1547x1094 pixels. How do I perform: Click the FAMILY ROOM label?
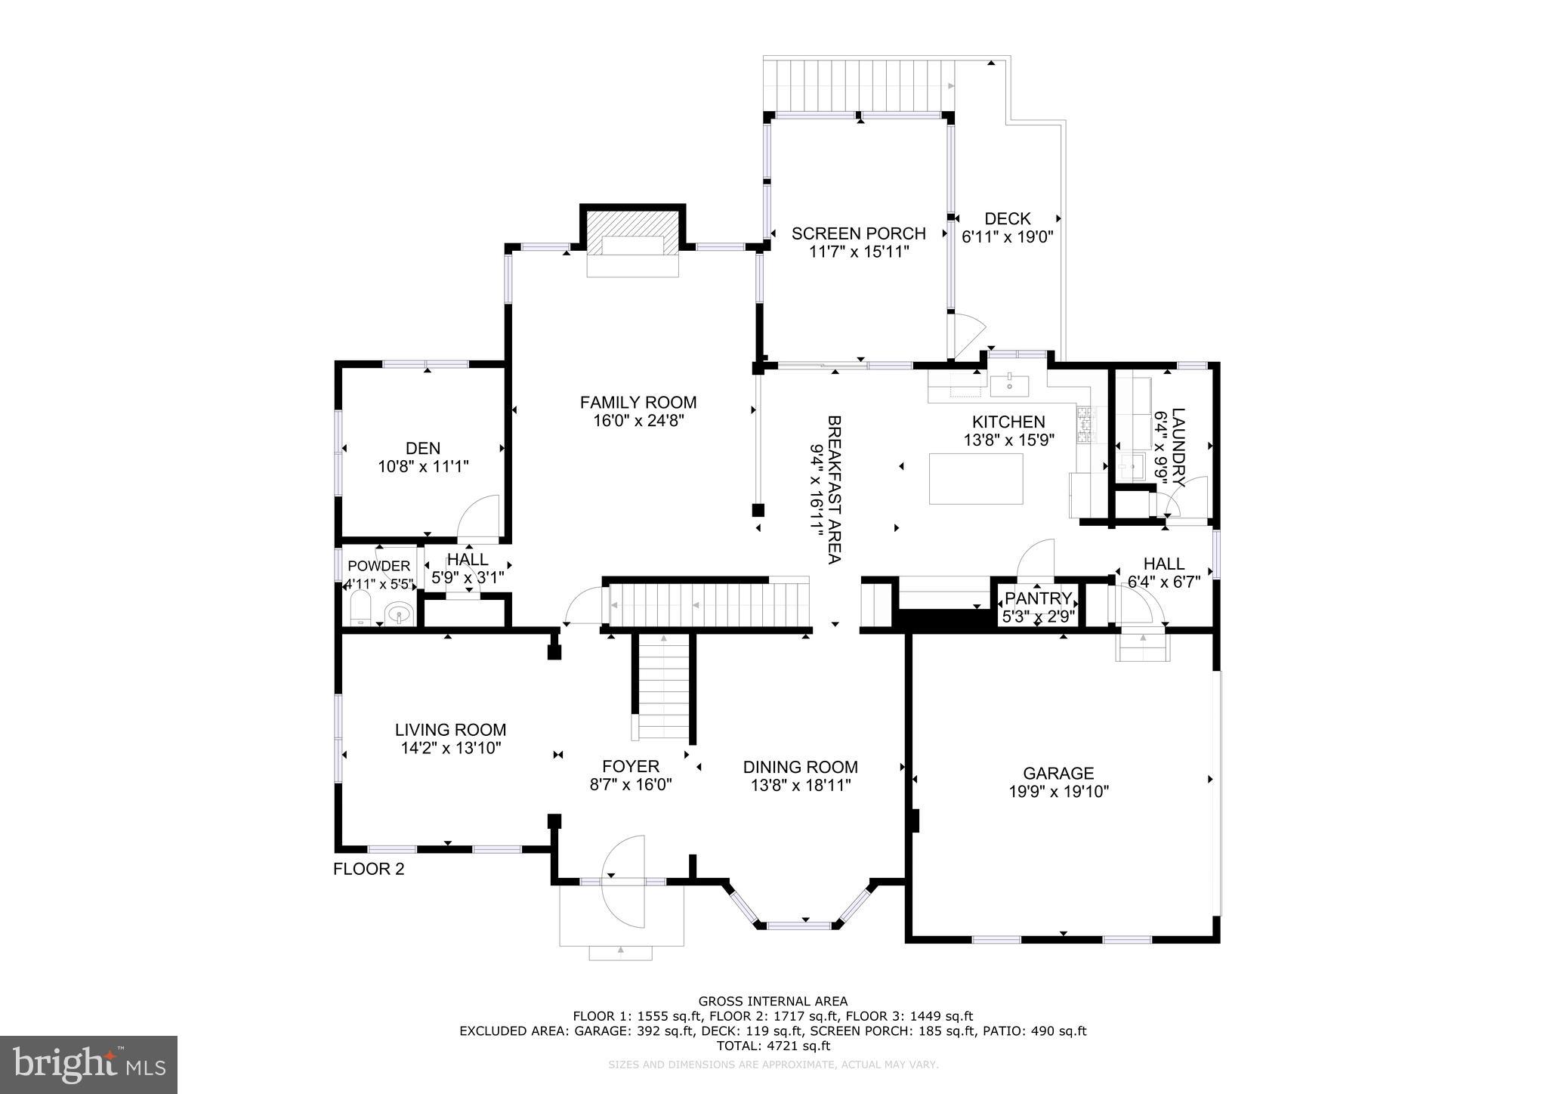click(638, 403)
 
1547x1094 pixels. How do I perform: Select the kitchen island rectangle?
click(976, 477)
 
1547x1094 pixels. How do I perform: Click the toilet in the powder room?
click(361, 608)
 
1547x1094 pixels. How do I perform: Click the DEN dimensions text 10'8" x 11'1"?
click(423, 467)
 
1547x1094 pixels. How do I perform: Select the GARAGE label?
click(1058, 773)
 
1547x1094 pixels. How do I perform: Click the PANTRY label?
click(1038, 599)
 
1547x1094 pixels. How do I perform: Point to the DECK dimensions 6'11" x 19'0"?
click(1007, 236)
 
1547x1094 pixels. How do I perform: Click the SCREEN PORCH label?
click(858, 233)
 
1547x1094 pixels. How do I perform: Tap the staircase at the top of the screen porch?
click(859, 85)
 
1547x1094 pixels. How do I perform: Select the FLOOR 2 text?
click(369, 869)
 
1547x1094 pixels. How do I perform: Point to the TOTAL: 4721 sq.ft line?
click(773, 1046)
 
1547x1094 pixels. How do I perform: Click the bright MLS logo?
click(88, 1065)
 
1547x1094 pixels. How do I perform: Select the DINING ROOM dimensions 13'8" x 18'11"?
click(800, 785)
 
